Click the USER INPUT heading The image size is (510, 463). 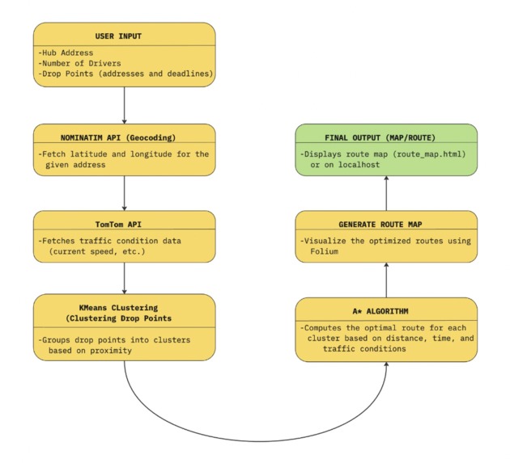coord(124,36)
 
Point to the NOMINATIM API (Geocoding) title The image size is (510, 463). coord(124,137)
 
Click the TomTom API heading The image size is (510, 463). coord(124,224)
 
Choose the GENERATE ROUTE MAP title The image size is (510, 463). coord(387,224)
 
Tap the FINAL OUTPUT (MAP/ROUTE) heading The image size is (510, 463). coord(387,137)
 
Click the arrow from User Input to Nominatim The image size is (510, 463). coord(124,104)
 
